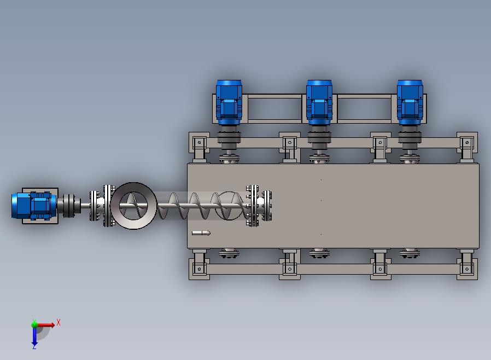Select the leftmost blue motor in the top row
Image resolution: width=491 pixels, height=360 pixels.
point(229,102)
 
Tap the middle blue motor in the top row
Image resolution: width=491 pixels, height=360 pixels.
point(319,102)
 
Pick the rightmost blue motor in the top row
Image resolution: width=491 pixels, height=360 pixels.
point(410,102)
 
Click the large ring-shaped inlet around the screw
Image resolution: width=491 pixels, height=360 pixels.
point(115,206)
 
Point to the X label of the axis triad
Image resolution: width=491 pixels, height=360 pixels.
point(59,322)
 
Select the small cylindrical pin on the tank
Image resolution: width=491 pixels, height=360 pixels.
point(201,233)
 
